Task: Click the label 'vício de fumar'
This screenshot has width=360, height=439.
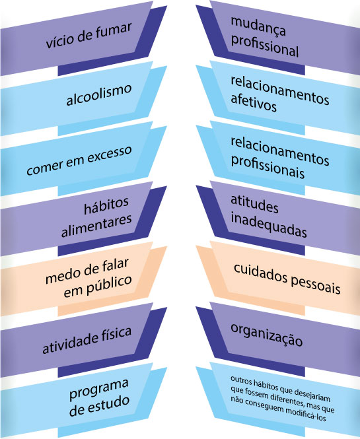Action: click(x=89, y=36)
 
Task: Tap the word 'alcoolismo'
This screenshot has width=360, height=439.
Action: click(x=99, y=95)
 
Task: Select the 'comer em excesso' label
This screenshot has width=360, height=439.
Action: click(x=79, y=160)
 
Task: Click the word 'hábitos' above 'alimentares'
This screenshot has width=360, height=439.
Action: click(x=106, y=205)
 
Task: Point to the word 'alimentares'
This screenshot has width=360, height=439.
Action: click(x=96, y=226)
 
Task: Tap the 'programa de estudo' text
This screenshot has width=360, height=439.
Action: click(x=99, y=397)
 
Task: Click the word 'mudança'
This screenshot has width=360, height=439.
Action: click(x=258, y=27)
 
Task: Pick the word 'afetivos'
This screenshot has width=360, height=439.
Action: click(x=254, y=104)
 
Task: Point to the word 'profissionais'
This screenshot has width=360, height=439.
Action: click(x=268, y=167)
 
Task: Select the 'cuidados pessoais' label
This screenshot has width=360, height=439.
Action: click(x=287, y=279)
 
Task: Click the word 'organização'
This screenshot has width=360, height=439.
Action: click(x=266, y=335)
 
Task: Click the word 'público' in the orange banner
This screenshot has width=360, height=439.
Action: click(x=109, y=285)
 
